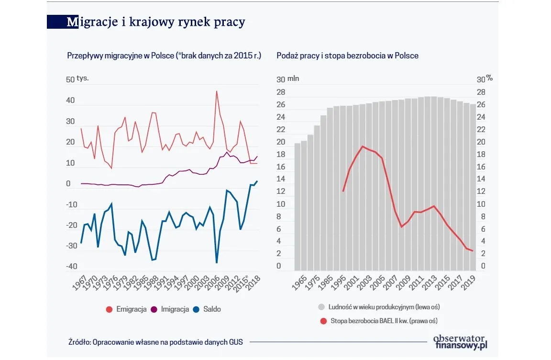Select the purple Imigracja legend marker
(154, 309)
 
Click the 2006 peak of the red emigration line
(217, 91)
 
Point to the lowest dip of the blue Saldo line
(217, 262)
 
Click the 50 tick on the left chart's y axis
(70, 79)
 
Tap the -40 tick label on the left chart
(70, 267)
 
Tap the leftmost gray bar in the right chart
(298, 206)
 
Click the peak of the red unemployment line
(363, 146)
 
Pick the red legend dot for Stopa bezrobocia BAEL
(323, 320)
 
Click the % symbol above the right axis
(489, 78)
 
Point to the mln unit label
(293, 79)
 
